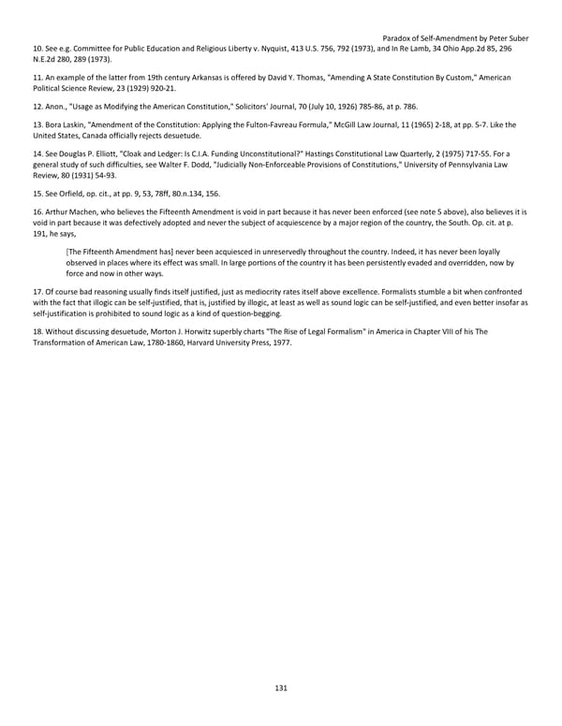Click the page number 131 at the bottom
click(x=281, y=688)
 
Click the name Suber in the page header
click(x=516, y=38)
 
